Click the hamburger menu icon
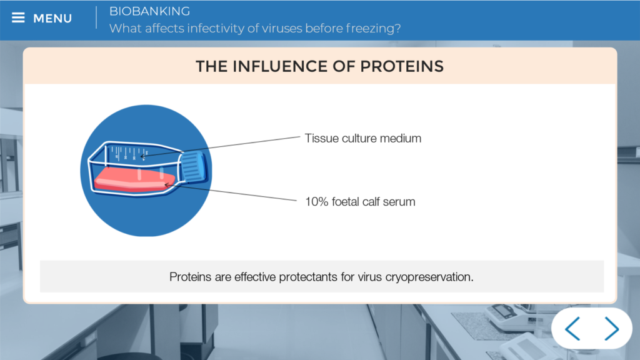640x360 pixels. (18, 17)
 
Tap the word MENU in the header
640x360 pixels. (52, 18)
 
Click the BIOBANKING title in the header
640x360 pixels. (149, 11)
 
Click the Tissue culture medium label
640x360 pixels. (363, 138)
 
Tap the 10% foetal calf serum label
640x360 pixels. (360, 202)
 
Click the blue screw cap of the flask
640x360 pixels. (193, 166)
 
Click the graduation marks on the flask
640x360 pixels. (129, 153)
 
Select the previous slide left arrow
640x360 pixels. (572, 328)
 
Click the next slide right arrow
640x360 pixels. (611, 328)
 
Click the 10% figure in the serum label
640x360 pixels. (317, 202)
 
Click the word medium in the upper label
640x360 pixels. (401, 138)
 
